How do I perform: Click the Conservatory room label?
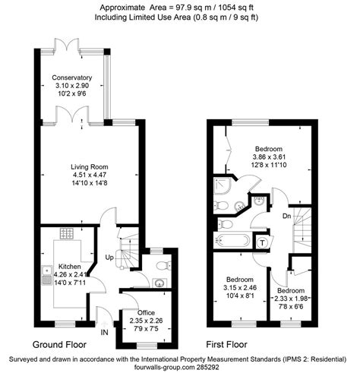click(x=72, y=77)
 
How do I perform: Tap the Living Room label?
click(x=90, y=167)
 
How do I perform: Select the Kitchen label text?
click(x=70, y=267)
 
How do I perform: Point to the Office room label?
click(x=146, y=313)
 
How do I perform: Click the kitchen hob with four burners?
click(x=67, y=233)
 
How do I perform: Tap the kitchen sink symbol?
click(x=47, y=275)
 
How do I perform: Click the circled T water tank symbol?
click(x=262, y=243)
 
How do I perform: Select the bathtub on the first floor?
click(x=232, y=241)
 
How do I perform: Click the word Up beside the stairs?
click(x=109, y=258)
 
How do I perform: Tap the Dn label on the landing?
click(x=286, y=216)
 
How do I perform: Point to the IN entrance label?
click(x=104, y=332)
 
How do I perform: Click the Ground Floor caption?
click(x=59, y=344)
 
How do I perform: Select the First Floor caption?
click(x=226, y=344)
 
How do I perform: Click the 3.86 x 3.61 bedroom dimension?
click(x=269, y=157)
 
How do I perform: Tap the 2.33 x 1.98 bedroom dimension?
click(x=291, y=299)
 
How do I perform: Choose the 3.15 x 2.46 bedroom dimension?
click(x=240, y=288)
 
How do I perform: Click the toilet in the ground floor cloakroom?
click(x=164, y=265)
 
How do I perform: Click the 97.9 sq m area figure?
click(x=191, y=8)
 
